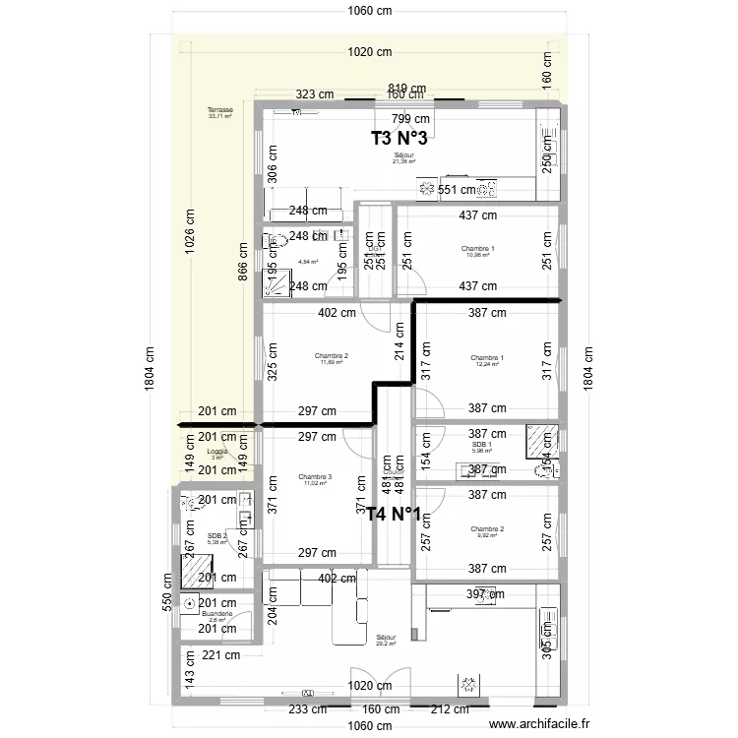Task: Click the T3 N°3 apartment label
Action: click(400, 139)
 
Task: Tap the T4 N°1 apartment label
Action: click(395, 513)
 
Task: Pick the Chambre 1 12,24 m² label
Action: click(486, 360)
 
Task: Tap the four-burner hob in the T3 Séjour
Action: click(428, 189)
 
